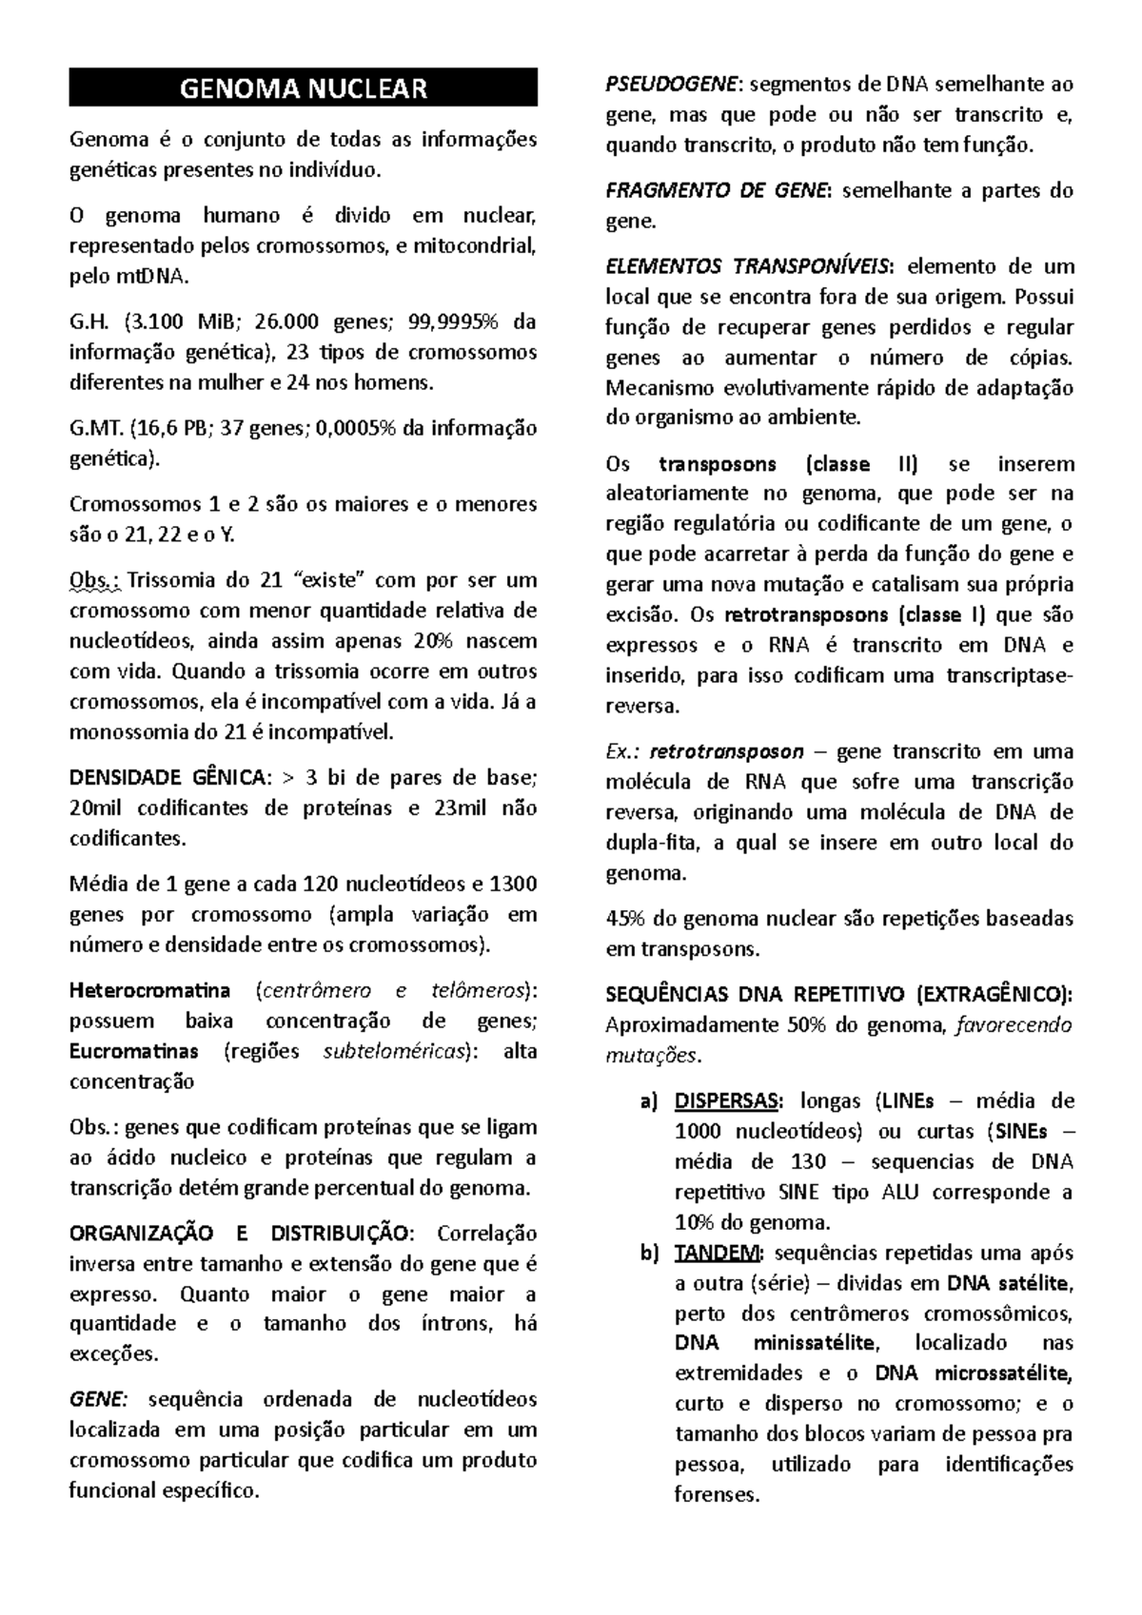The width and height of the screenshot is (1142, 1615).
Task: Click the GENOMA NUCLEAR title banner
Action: coord(303,88)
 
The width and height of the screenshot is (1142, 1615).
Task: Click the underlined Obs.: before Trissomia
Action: coord(93,580)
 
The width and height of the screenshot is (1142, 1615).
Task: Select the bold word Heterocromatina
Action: coord(149,990)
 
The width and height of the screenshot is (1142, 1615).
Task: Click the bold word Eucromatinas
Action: coord(134,1051)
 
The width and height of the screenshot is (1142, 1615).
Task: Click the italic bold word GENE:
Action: coord(97,1399)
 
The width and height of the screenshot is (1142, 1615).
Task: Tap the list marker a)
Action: coord(648,1101)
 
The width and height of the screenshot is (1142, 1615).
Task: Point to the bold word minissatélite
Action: coord(813,1343)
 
